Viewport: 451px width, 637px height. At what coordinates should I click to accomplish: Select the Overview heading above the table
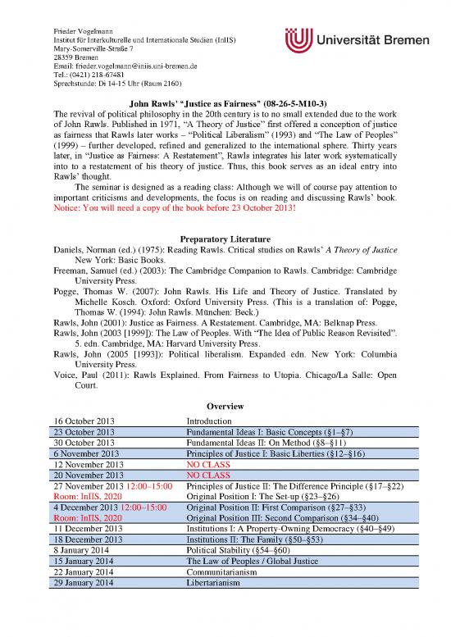[225, 407]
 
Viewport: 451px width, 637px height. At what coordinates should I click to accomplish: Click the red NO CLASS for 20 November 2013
[208, 474]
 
